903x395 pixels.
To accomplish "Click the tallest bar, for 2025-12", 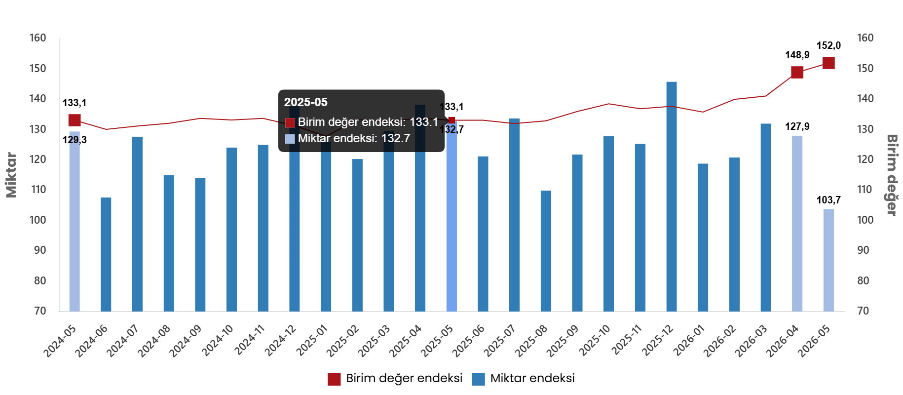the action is click(672, 197).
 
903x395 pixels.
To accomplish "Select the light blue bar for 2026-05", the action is click(828, 260).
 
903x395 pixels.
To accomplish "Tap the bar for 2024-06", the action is click(106, 254).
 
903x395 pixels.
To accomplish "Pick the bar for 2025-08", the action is click(546, 251).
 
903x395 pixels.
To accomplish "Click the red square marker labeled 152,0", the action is click(828, 63).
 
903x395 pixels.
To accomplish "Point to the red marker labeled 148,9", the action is click(797, 72).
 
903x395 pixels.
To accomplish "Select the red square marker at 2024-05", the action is click(75, 120).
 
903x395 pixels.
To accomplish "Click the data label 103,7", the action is click(828, 200).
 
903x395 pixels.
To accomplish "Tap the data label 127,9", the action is click(797, 126).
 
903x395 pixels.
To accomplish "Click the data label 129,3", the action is click(75, 140).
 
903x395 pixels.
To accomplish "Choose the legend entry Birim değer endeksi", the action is click(395, 378).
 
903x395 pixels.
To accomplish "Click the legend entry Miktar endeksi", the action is click(524, 378).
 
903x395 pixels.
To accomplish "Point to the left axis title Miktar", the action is click(11, 175).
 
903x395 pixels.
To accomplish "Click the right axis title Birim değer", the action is click(892, 175).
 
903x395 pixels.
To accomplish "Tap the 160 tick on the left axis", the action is click(38, 38).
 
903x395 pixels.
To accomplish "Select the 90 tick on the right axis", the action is click(863, 250).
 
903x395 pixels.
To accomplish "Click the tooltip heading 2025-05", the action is click(306, 102).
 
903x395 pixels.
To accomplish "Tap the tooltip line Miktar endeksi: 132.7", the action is click(347, 138).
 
